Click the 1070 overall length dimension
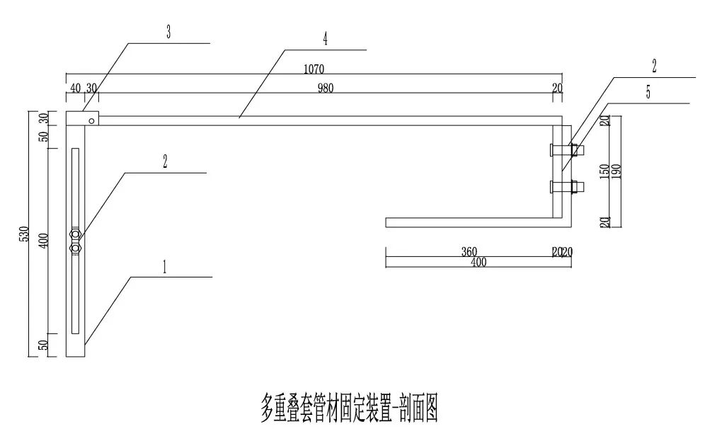(x=314, y=69)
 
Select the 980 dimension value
(x=325, y=88)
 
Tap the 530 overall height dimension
(x=24, y=234)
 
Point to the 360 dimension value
(x=469, y=252)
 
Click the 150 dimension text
(x=604, y=171)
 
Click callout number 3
(x=168, y=33)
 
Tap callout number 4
(x=325, y=39)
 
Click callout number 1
(x=164, y=267)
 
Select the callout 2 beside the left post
(x=164, y=162)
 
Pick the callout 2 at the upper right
(x=654, y=67)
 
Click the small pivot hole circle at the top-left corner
(x=91, y=121)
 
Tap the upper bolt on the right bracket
(x=566, y=150)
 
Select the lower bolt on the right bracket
(x=566, y=187)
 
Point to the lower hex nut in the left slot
(x=75, y=248)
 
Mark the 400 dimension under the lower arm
(x=478, y=262)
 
